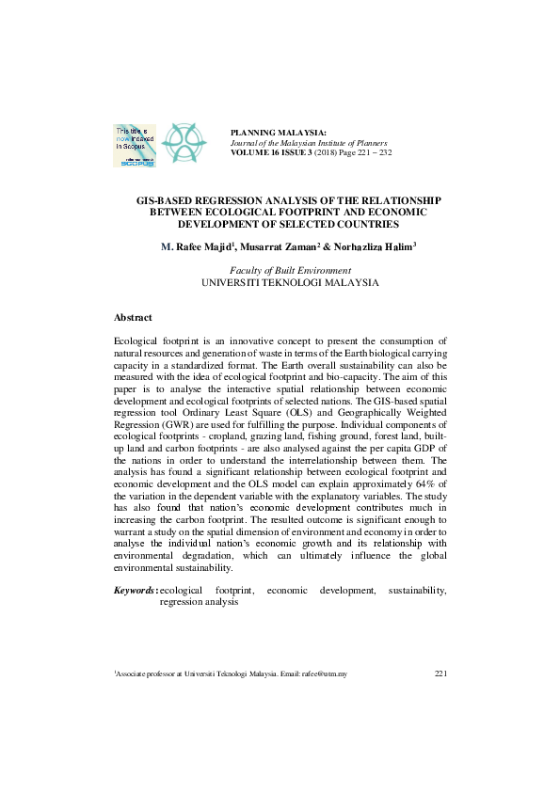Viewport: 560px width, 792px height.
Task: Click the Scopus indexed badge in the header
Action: (x=135, y=145)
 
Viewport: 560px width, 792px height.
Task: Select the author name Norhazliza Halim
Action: (x=377, y=246)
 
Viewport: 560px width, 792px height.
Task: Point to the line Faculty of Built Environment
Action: (x=291, y=270)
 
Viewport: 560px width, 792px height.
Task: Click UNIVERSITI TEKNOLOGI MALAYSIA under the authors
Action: (x=291, y=282)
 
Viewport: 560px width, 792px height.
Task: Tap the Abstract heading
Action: (x=133, y=318)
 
